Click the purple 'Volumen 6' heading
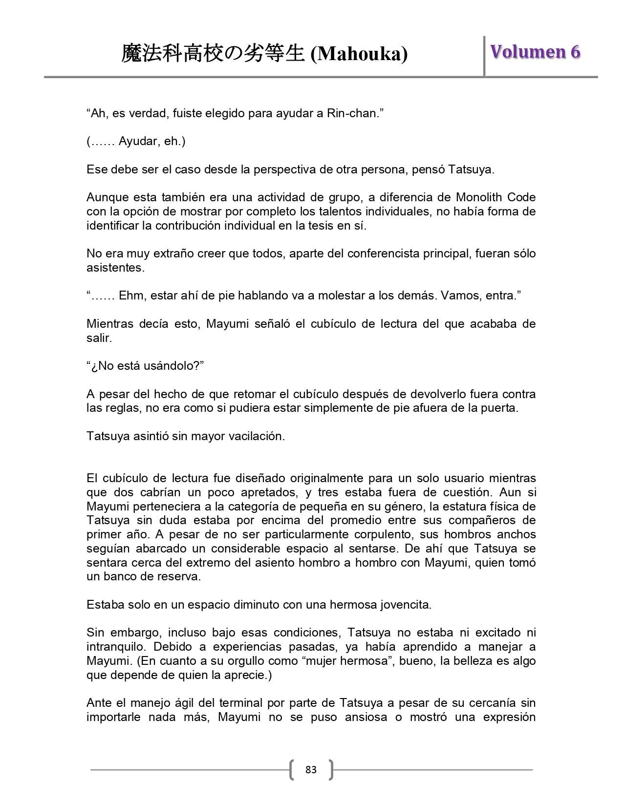(x=535, y=52)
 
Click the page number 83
(x=311, y=770)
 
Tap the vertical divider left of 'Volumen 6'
(x=484, y=56)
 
